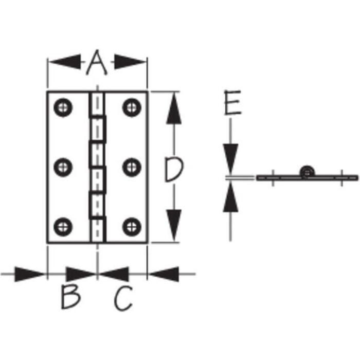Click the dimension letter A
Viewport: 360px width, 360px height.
[x=97, y=62]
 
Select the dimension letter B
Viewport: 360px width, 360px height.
[x=71, y=297]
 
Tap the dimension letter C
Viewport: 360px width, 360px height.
[x=123, y=298]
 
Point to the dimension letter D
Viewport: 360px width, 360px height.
[x=174, y=169]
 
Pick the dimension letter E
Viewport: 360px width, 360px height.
[x=232, y=102]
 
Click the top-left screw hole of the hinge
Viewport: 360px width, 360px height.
[x=63, y=107]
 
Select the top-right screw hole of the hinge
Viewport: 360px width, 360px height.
[x=132, y=107]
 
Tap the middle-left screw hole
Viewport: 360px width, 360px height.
[x=63, y=167]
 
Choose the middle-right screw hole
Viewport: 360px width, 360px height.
[x=132, y=167]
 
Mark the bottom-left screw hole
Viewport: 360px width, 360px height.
[x=63, y=227]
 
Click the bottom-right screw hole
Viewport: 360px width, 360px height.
[x=132, y=227]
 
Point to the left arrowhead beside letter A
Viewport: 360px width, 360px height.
[x=65, y=62]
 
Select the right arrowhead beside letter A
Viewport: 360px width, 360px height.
[x=130, y=62]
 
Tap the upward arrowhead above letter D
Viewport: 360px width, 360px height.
[x=174, y=109]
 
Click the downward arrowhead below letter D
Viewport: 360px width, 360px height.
[x=174, y=225]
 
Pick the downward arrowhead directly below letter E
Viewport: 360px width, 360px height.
[x=231, y=159]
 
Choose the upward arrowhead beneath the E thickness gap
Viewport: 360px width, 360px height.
[x=230, y=197]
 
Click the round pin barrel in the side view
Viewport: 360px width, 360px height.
[x=307, y=172]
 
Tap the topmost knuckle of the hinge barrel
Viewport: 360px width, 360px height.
[x=97, y=104]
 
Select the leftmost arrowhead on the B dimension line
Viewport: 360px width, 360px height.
[x=29, y=274]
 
